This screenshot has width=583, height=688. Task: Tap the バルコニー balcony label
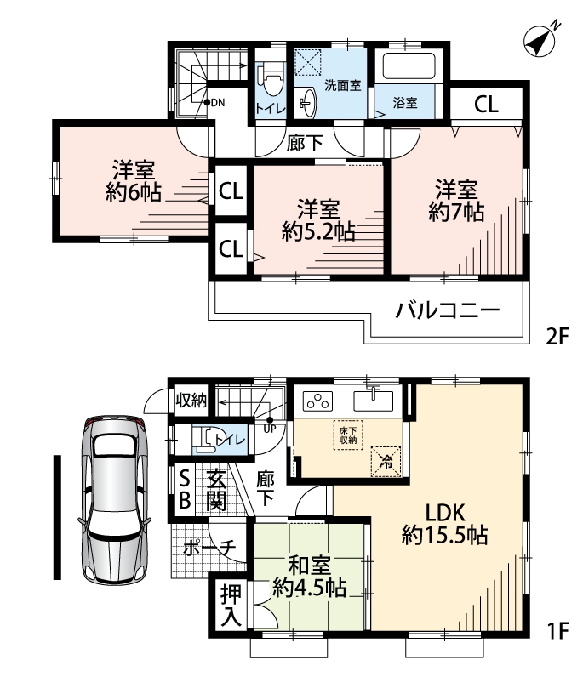click(448, 310)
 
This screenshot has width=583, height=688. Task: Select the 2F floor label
click(557, 337)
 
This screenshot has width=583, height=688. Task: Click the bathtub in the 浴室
click(409, 66)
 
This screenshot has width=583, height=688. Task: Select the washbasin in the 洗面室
click(308, 102)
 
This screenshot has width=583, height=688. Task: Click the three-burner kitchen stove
click(317, 401)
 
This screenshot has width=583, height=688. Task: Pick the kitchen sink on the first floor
click(373, 401)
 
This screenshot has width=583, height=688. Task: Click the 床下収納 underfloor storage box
click(348, 435)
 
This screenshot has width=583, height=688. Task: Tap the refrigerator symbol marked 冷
click(386, 462)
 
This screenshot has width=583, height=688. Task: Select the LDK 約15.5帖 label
click(445, 524)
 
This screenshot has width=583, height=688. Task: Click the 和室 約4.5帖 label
click(310, 577)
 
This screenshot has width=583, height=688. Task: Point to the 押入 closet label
click(231, 606)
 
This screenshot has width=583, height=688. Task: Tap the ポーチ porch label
click(210, 548)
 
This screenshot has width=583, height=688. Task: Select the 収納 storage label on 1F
click(191, 400)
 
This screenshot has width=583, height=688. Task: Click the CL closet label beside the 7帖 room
click(486, 104)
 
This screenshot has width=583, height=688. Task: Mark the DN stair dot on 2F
click(207, 103)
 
